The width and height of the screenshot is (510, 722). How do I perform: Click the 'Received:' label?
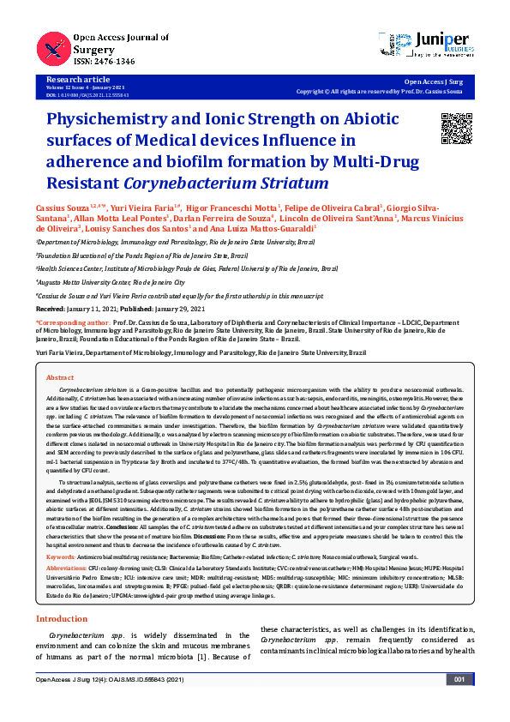[51, 306]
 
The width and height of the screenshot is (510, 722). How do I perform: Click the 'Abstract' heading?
[60, 377]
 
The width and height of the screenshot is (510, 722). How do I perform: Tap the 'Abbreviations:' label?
[67, 568]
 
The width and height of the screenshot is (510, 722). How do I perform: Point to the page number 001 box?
[459, 703]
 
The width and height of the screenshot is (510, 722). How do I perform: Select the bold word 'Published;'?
[138, 306]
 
